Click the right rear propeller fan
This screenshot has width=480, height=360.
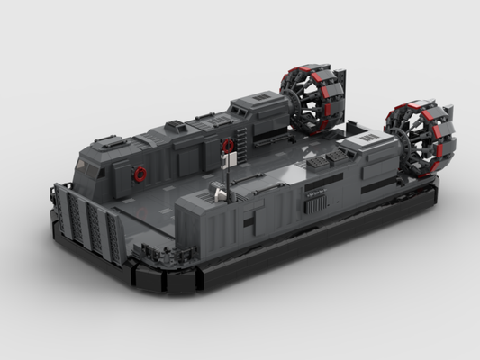[x=421, y=139]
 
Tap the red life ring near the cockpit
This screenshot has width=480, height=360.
[x=140, y=173]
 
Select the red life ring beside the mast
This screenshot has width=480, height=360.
[x=228, y=145]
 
